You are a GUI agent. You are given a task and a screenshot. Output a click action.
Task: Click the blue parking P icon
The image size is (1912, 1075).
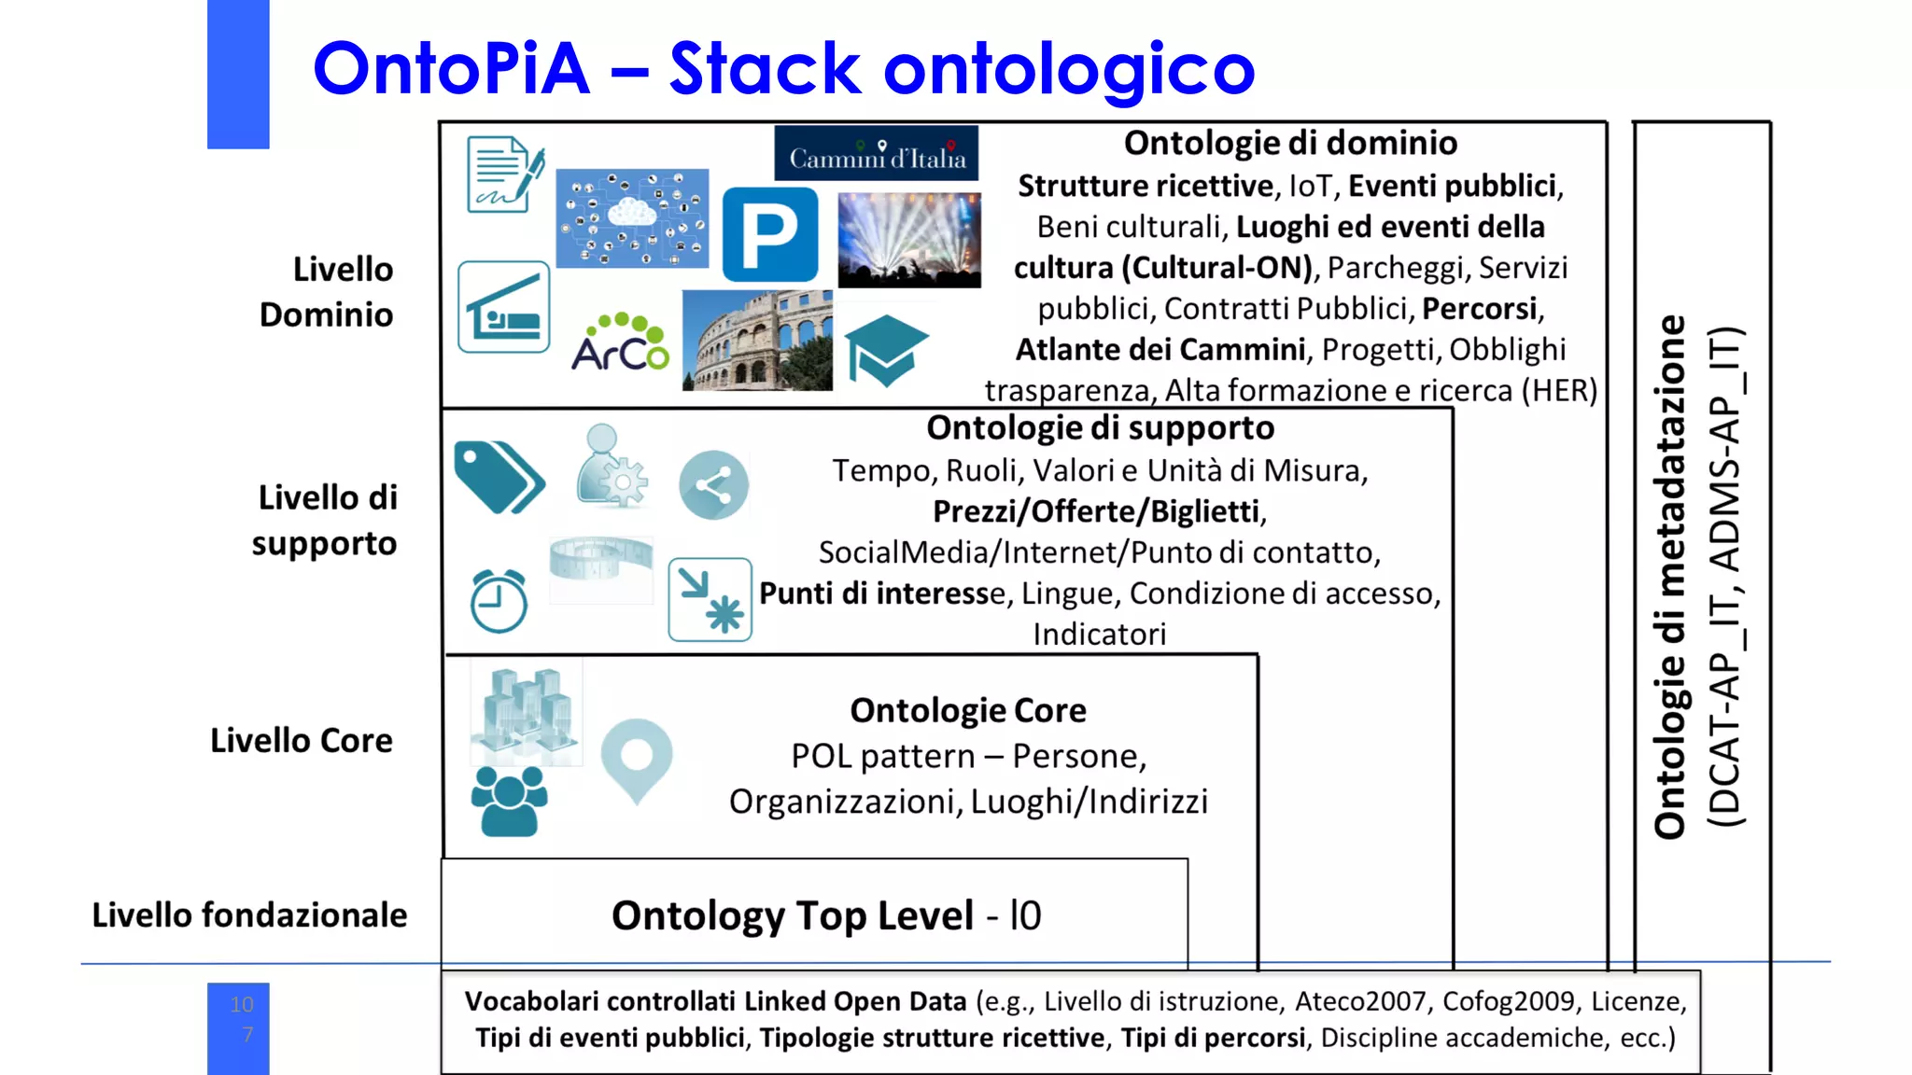coord(770,234)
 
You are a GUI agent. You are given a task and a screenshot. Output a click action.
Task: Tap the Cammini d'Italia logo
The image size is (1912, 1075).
coord(877,154)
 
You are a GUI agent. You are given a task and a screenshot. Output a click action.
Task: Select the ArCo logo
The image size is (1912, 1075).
coord(620,343)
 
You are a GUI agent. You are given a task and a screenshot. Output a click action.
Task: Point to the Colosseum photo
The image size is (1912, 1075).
coord(757,341)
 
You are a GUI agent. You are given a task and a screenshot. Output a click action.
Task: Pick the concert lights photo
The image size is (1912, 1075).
coord(909,240)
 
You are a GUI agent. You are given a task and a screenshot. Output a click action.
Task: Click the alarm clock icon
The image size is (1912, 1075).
coord(499,601)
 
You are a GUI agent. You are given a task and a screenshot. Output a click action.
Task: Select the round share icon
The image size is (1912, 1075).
coord(713,485)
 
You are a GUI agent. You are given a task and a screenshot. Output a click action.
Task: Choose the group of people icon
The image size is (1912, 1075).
coord(509,801)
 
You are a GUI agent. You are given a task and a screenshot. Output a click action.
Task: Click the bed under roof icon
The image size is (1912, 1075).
coord(504,307)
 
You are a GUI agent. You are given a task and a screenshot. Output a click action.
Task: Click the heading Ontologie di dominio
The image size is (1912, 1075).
coord(1290,143)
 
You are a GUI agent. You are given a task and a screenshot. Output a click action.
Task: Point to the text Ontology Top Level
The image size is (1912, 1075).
coord(793,915)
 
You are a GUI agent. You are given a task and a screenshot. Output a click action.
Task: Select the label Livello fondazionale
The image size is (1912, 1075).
coord(249,915)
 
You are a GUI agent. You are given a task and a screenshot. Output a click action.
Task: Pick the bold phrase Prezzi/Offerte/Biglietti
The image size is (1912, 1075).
coord(1097,511)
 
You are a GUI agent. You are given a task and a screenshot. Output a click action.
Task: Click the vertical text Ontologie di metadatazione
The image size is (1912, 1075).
coord(1669,577)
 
